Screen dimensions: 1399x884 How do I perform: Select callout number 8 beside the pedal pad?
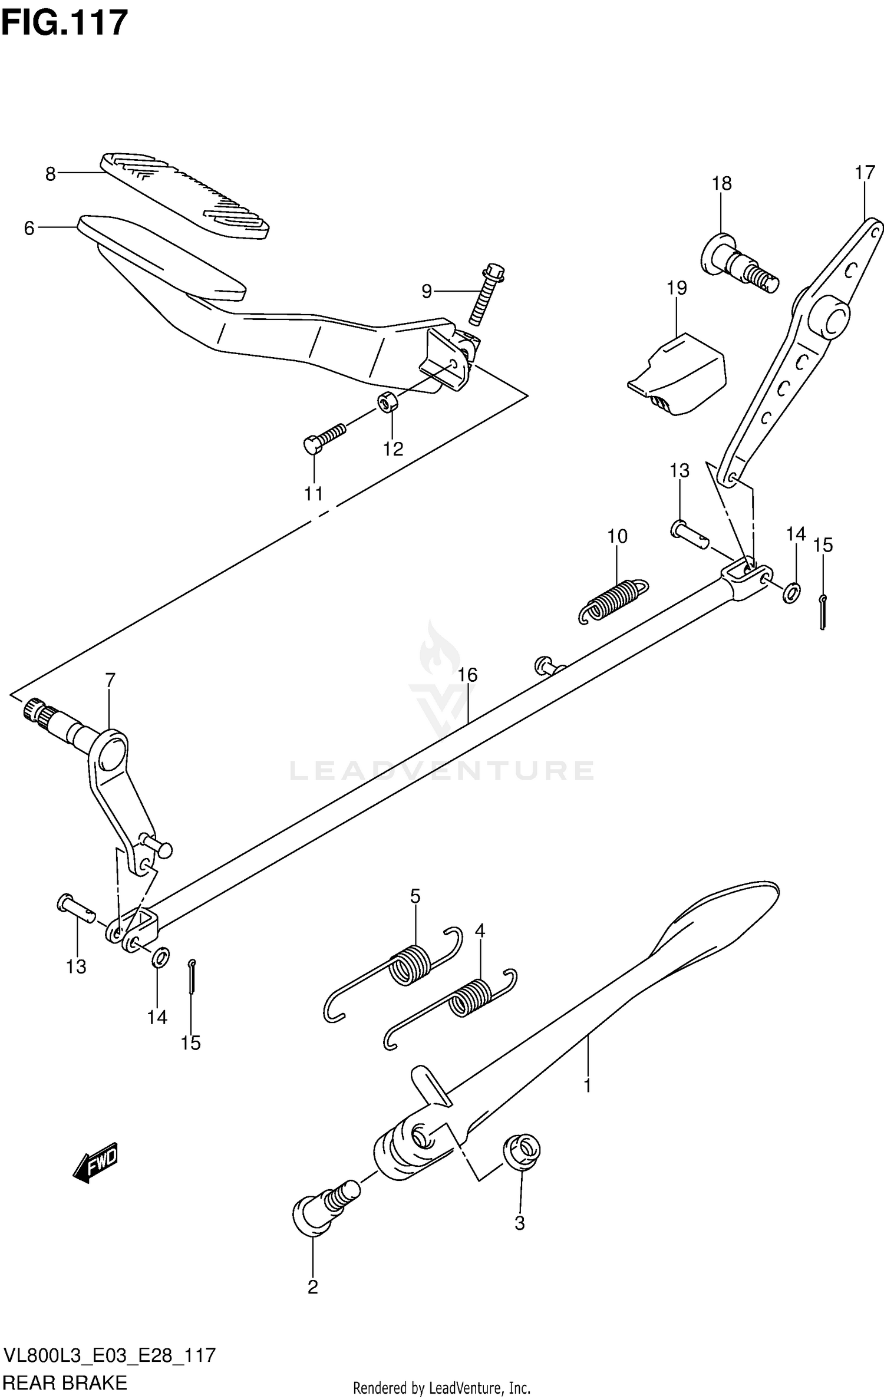[51, 174]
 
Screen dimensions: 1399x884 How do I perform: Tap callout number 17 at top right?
[865, 173]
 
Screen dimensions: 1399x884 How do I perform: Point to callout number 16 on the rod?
[467, 675]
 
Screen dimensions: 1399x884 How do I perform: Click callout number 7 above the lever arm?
[110, 681]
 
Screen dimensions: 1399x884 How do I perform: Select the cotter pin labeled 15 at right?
[823, 612]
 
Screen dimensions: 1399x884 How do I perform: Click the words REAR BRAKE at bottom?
[65, 1382]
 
